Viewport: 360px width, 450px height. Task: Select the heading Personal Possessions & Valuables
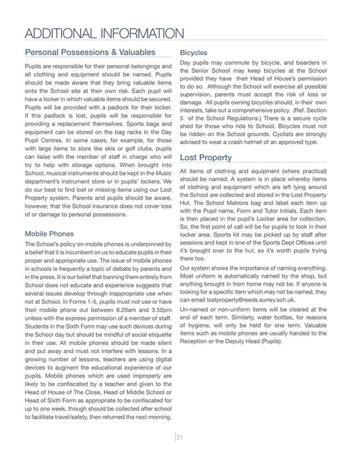point(90,52)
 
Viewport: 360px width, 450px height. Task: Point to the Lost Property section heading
point(206,158)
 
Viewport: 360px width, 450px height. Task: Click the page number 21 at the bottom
point(180,437)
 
